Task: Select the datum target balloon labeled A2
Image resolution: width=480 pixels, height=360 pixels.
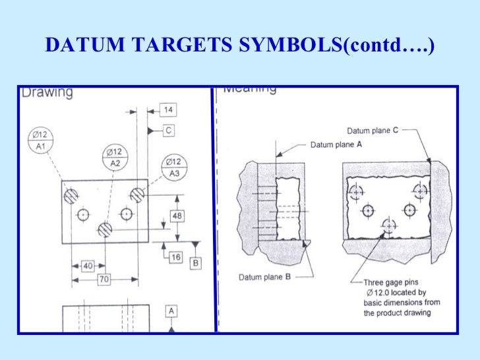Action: tap(116, 157)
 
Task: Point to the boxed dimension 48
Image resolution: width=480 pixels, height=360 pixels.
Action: tap(177, 216)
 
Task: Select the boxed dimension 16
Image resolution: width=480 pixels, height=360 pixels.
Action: tap(175, 257)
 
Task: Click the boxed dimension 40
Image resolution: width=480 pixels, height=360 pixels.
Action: tap(87, 266)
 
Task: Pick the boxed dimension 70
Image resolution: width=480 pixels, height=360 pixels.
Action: tap(104, 279)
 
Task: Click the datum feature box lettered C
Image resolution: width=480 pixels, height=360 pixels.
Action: tap(169, 131)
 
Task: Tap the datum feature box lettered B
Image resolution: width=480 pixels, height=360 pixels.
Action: tap(196, 264)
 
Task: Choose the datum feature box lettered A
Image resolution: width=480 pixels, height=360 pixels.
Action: tap(171, 310)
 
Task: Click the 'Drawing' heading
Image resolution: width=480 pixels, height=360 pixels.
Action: tap(47, 92)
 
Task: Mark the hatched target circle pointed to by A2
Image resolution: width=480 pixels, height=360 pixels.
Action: tap(104, 228)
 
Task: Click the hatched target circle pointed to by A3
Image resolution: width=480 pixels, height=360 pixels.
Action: tap(137, 195)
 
